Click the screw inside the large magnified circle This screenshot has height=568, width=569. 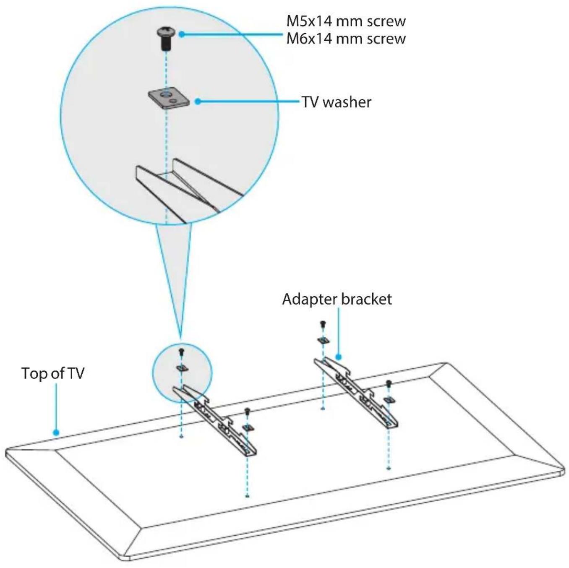coord(166,39)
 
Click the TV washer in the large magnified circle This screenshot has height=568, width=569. coord(168,99)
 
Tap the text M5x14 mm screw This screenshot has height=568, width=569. coord(346,21)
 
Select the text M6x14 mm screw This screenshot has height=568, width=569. coord(346,38)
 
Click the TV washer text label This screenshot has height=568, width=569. coord(336,102)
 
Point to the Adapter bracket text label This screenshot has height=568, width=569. coord(337,299)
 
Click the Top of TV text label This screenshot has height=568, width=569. coord(53,373)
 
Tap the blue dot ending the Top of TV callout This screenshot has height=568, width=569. coord(56,433)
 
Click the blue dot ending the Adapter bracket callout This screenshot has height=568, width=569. coord(338,357)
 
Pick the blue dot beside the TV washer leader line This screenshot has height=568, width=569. coord(198,102)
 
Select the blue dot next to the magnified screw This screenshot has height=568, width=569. coord(182,34)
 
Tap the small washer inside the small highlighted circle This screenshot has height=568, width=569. coord(182,368)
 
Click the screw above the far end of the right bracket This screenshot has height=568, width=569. coord(323,324)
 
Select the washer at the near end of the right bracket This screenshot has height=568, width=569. coord(389,400)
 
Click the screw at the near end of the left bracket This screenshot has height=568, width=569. coord(247,411)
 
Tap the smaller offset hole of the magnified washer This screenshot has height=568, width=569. coord(172,101)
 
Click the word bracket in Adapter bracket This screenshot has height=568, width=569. coord(366,299)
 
